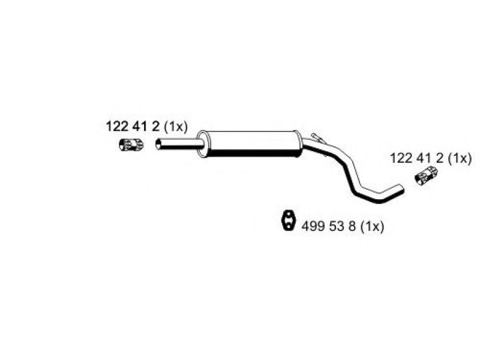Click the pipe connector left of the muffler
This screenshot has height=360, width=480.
[131, 145]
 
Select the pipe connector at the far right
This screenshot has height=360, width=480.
[426, 175]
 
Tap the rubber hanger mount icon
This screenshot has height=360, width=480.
[287, 220]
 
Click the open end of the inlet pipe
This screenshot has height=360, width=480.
[158, 144]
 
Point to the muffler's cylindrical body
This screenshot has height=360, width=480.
[251, 143]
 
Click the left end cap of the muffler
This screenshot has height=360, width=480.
[202, 144]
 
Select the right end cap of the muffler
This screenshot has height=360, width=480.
[298, 143]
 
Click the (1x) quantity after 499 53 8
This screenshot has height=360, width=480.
[372, 227]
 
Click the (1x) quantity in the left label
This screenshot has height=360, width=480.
[176, 127]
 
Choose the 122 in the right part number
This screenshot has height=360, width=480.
[401, 158]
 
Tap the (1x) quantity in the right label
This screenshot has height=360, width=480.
[460, 158]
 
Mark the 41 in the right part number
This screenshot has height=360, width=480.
[423, 158]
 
